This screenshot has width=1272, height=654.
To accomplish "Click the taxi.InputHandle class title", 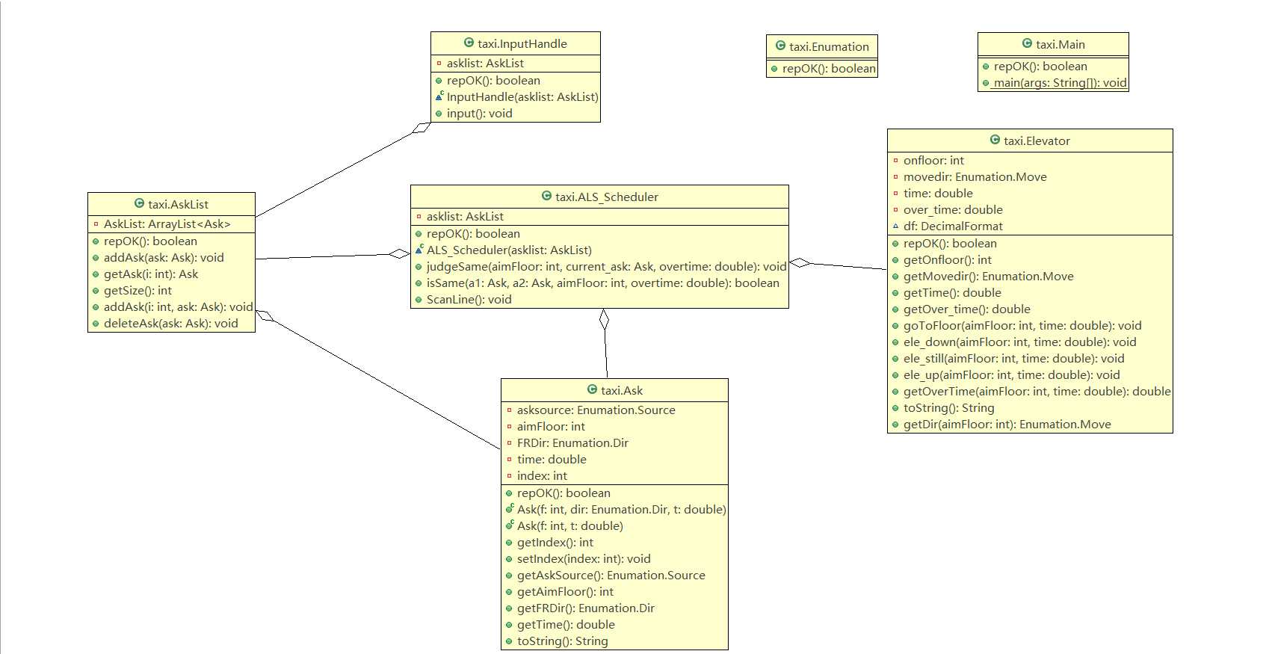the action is (522, 43).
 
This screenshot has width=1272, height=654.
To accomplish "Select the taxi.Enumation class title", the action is (829, 46).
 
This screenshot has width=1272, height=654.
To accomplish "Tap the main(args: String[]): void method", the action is (1060, 83).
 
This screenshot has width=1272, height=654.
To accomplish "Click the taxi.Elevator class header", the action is (1037, 141).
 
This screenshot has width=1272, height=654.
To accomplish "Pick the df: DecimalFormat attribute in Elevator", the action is (953, 226).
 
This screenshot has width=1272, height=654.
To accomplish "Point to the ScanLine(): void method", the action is (469, 299).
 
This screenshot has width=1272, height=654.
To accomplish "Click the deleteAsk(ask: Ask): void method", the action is (170, 324).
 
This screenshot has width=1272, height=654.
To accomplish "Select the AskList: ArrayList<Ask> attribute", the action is (167, 223).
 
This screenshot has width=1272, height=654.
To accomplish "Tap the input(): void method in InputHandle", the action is (479, 114).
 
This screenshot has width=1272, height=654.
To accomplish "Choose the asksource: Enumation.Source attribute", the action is (596, 410).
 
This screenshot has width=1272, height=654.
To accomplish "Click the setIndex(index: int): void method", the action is (583, 558).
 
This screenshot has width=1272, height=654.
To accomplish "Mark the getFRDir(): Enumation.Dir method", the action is (585, 608).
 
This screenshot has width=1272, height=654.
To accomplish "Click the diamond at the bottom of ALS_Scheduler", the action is (604, 319).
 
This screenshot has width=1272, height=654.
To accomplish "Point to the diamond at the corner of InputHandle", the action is (422, 128).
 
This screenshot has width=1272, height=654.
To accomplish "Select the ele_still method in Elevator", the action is (1013, 358).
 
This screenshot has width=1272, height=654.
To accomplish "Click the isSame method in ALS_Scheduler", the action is (602, 283).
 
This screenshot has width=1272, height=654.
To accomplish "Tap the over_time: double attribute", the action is (953, 209).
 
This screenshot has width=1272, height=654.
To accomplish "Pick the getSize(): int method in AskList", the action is (138, 291).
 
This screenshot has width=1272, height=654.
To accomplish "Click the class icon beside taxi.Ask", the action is (592, 389).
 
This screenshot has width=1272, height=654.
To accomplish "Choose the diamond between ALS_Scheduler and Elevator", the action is (800, 262).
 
